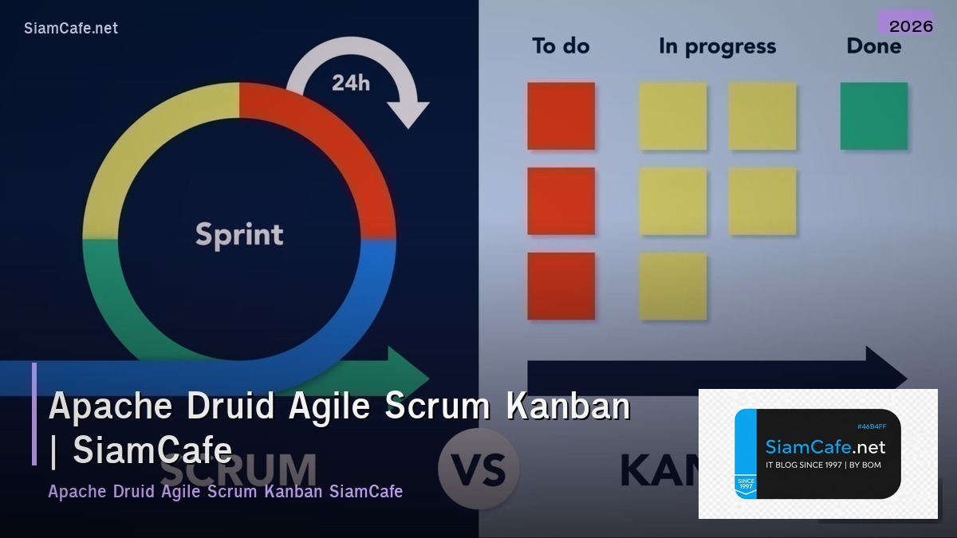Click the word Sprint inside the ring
(239, 234)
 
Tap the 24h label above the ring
(351, 82)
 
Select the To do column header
(560, 46)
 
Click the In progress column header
(717, 47)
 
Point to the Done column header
(873, 46)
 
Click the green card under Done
(873, 116)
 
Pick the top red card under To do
(561, 116)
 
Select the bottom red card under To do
(561, 286)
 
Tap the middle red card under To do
(561, 201)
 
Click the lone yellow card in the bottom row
(672, 286)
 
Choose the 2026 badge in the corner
(911, 26)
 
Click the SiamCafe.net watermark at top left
(71, 28)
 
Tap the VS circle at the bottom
(478, 469)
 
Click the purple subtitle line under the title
(225, 491)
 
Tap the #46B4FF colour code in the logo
(871, 426)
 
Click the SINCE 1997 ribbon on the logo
(745, 484)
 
